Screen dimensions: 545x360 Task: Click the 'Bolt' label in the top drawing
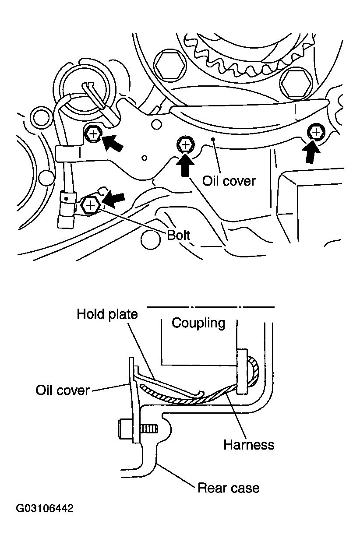tap(179, 235)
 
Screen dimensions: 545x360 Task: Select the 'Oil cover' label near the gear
tap(229, 181)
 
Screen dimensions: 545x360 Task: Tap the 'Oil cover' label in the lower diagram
tap(62, 390)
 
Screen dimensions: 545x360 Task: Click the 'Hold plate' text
tap(107, 314)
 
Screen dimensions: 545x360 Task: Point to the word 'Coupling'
tap(198, 323)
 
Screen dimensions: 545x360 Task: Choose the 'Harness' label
tap(249, 445)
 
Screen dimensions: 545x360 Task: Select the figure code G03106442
tap(45, 509)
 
